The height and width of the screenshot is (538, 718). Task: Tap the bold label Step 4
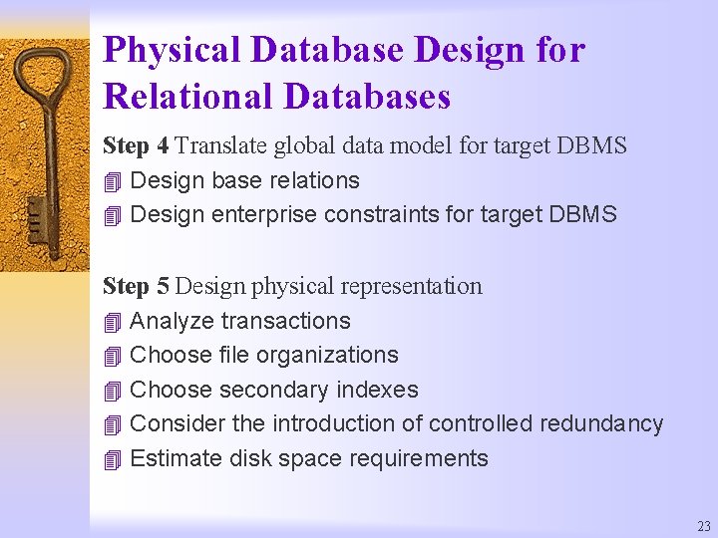[136, 146]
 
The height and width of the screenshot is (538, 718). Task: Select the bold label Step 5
[136, 287]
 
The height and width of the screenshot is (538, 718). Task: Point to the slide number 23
[704, 526]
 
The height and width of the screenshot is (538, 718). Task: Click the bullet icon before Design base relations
[111, 182]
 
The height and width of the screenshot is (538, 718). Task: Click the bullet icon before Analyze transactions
[111, 322]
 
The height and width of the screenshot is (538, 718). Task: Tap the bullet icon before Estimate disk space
[111, 460]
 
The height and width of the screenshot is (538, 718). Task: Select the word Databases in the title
[367, 98]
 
